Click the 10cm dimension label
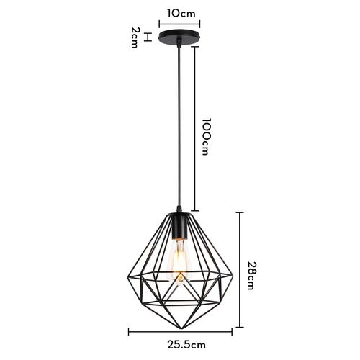pyautogui.click(x=179, y=12)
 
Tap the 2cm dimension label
pyautogui.click(x=135, y=37)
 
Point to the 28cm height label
pyautogui.click(x=251, y=275)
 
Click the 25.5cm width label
pyautogui.click(x=180, y=344)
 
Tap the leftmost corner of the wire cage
pyautogui.click(x=129, y=276)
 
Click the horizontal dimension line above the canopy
pyautogui.click(x=179, y=22)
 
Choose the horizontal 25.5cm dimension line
pyautogui.click(x=180, y=332)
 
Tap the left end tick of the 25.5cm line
pyautogui.click(x=129, y=332)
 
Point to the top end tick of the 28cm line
pyautogui.click(x=240, y=212)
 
